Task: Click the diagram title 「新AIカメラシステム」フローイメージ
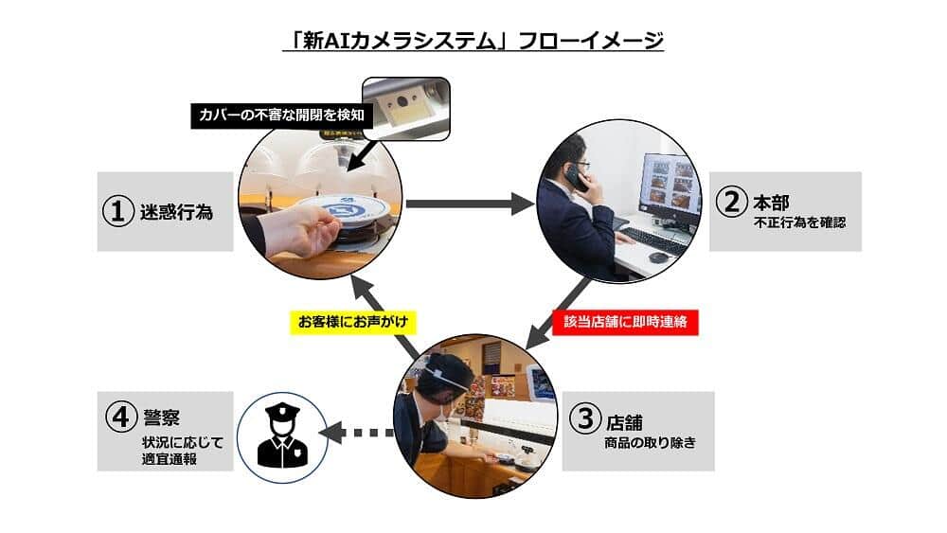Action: click(473, 42)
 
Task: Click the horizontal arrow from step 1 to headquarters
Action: click(469, 202)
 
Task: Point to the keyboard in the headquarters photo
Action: click(656, 240)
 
